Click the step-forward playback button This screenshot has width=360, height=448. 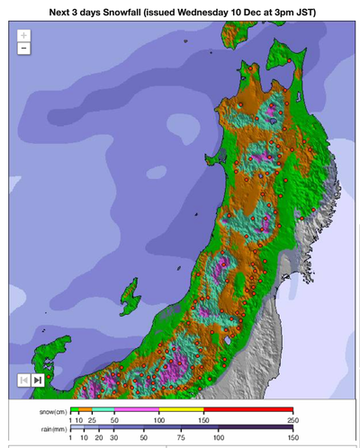tap(38, 380)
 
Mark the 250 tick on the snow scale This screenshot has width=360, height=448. tap(292, 419)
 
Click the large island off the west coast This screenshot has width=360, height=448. tap(131, 293)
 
